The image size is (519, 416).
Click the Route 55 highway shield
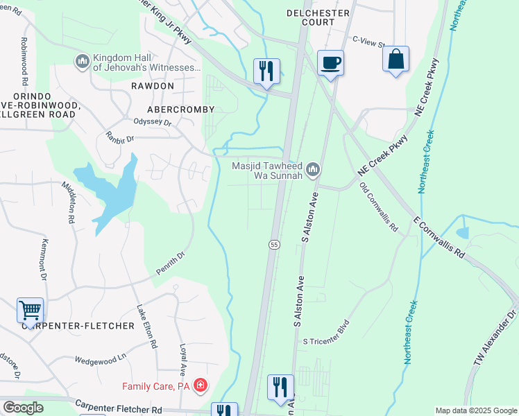(x=274, y=245)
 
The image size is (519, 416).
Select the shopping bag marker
(x=395, y=60)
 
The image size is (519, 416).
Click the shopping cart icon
(x=31, y=310)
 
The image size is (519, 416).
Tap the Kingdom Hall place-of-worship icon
(x=83, y=62)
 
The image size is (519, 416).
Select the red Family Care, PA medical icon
(x=201, y=385)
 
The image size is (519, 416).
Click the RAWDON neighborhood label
(x=152, y=85)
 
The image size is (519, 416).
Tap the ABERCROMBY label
(x=180, y=110)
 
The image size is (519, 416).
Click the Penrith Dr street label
(x=171, y=263)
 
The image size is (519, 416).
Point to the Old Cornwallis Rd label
(x=378, y=207)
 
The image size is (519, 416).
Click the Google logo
(x=24, y=408)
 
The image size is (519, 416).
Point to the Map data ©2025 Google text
(x=476, y=410)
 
